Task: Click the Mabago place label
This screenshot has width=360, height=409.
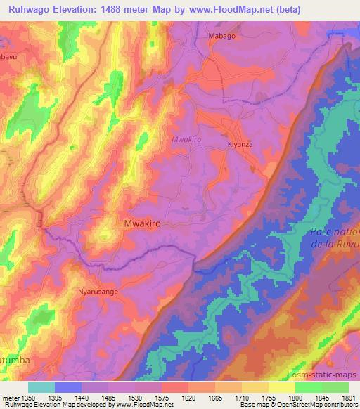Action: (x=222, y=35)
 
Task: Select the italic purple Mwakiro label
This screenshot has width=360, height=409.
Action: (x=187, y=140)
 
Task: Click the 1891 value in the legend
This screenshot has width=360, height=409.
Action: (x=348, y=397)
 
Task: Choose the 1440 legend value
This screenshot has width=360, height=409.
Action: (x=82, y=397)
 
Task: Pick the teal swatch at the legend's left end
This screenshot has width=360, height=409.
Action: (x=41, y=387)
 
